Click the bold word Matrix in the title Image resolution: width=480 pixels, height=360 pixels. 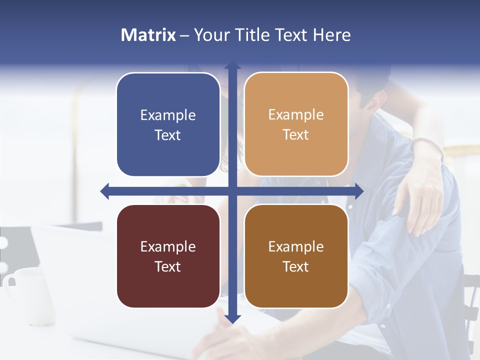[148, 35]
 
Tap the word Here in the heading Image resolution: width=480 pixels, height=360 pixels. [331, 35]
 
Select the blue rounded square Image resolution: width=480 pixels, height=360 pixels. [168, 124]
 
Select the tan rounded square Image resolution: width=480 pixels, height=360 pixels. [296, 124]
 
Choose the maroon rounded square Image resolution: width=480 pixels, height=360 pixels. [168, 256]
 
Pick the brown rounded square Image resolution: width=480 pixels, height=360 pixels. [296, 256]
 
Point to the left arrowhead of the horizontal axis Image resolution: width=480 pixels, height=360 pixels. [104, 191]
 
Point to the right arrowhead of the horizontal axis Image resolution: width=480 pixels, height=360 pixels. [359, 191]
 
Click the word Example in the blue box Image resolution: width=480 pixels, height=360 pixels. [168, 115]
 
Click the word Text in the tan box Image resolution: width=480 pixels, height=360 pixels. [295, 135]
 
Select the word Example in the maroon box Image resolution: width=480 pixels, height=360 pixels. [168, 247]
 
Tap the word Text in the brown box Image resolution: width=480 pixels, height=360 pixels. [295, 266]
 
